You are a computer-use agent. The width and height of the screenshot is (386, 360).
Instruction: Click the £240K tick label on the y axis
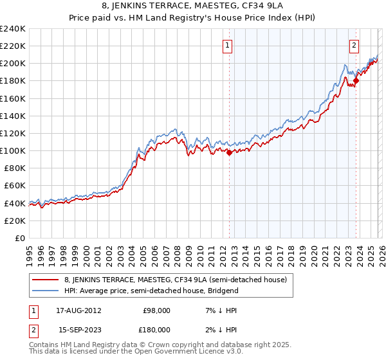(x=13, y=29)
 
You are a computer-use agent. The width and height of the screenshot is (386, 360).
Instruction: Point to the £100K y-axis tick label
(x=13, y=150)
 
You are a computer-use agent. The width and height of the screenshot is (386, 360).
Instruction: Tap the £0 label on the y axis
(x=20, y=238)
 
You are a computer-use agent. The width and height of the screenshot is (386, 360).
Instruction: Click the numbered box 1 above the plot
(x=228, y=45)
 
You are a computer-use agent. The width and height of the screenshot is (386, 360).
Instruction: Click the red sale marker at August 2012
(x=229, y=152)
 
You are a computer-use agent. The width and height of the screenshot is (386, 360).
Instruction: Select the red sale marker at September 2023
(x=355, y=81)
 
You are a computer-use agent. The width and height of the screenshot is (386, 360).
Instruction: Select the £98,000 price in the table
(x=156, y=310)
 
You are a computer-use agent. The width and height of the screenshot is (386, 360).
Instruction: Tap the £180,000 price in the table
(x=156, y=329)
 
